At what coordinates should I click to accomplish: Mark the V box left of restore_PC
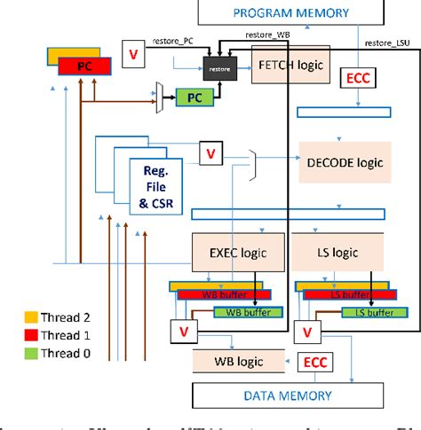[134, 54]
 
